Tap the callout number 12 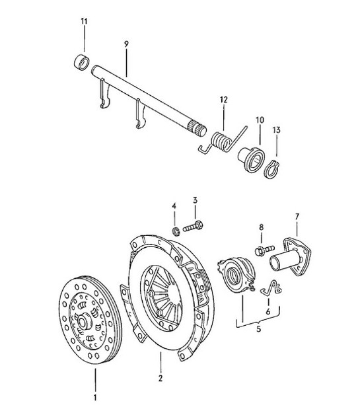point(224,100)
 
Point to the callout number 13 point(276,131)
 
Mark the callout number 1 point(95,398)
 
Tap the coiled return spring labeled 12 point(223,141)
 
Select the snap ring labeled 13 point(272,169)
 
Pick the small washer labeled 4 point(176,231)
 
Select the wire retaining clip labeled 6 point(268,287)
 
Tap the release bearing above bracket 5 point(236,274)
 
